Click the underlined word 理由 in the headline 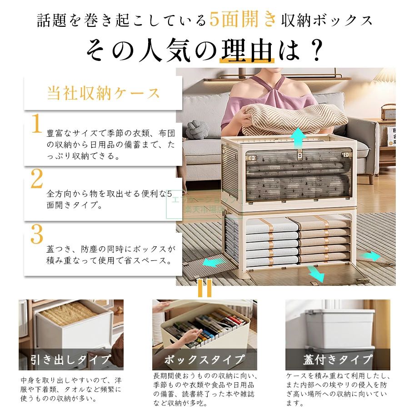click(x=247, y=50)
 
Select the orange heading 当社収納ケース click(x=103, y=93)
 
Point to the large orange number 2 click(x=37, y=179)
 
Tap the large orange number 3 click(x=37, y=234)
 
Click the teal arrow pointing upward click(x=299, y=138)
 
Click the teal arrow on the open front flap click(x=316, y=274)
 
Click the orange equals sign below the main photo click(x=204, y=288)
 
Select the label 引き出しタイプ click(x=71, y=359)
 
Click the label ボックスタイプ click(x=204, y=359)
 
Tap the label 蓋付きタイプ click(x=338, y=359)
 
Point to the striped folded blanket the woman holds click(x=295, y=119)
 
